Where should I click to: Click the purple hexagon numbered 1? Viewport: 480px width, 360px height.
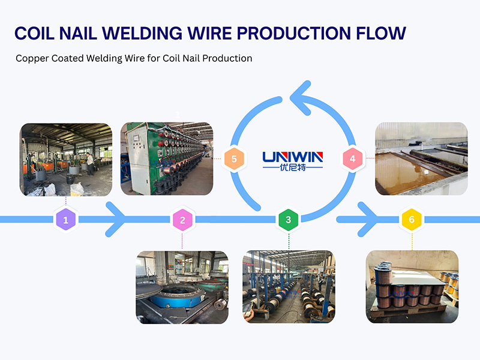(x=66, y=220)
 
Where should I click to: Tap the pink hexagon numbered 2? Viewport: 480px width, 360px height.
(x=182, y=220)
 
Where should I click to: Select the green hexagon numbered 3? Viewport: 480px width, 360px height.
(x=288, y=220)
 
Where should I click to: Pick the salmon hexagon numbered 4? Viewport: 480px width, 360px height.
(x=353, y=159)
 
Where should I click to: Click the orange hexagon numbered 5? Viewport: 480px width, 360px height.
(x=234, y=160)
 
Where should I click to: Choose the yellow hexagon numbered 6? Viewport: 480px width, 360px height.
(x=411, y=220)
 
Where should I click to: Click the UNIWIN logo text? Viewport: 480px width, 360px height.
(x=293, y=157)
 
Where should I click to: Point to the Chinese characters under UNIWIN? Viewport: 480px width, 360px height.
(x=293, y=168)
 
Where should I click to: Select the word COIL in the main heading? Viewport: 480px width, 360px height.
(x=37, y=33)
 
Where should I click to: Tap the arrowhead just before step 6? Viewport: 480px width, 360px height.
(x=369, y=220)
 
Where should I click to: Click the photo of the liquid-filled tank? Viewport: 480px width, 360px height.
(x=421, y=158)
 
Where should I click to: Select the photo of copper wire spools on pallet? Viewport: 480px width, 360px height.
(x=412, y=287)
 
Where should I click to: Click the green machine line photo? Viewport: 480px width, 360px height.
(x=167, y=159)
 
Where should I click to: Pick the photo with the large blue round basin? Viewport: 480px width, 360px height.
(x=182, y=287)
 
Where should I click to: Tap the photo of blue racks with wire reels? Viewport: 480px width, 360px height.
(x=288, y=287)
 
